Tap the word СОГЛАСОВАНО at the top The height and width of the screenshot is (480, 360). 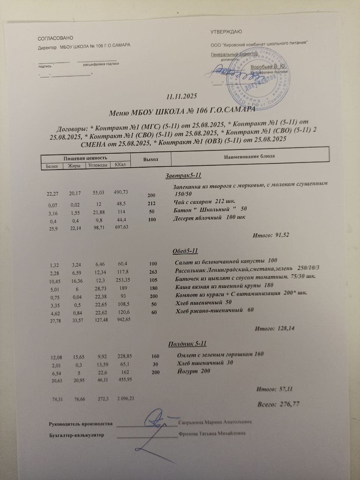coord(55,38)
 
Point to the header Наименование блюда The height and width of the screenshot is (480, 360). coord(249,156)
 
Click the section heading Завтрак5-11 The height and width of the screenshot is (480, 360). coord(184,175)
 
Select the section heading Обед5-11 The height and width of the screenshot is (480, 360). coord(185,251)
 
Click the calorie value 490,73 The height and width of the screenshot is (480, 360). coord(121,192)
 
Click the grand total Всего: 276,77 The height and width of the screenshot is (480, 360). coord(278,404)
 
